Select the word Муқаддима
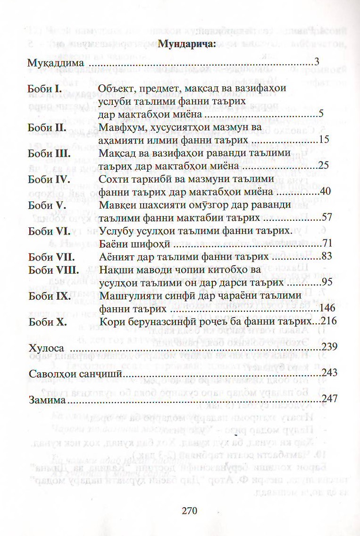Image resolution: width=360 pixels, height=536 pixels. pyautogui.click(x=55, y=63)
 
